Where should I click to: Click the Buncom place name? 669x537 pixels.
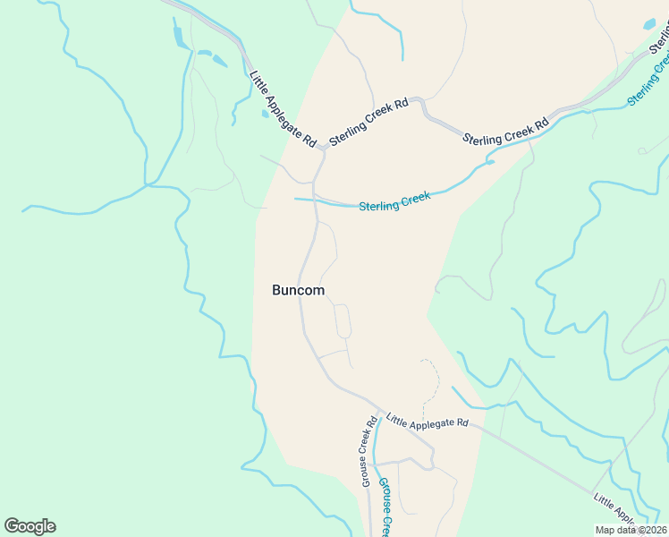[298, 290]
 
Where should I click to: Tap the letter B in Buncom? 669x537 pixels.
[276, 290]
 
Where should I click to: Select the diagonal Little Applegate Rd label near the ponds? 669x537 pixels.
[284, 109]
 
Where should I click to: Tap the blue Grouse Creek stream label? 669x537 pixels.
[384, 507]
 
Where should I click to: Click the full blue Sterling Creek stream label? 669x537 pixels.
[394, 201]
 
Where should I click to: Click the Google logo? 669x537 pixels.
[30, 526]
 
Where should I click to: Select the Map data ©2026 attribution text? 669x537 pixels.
[631, 530]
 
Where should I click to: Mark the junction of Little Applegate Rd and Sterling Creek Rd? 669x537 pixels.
[323, 151]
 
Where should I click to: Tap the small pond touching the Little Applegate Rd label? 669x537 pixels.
[265, 114]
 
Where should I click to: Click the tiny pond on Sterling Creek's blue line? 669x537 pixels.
[489, 162]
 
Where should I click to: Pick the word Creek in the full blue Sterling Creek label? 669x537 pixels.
[414, 198]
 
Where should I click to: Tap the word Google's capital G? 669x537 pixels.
[12, 525]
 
